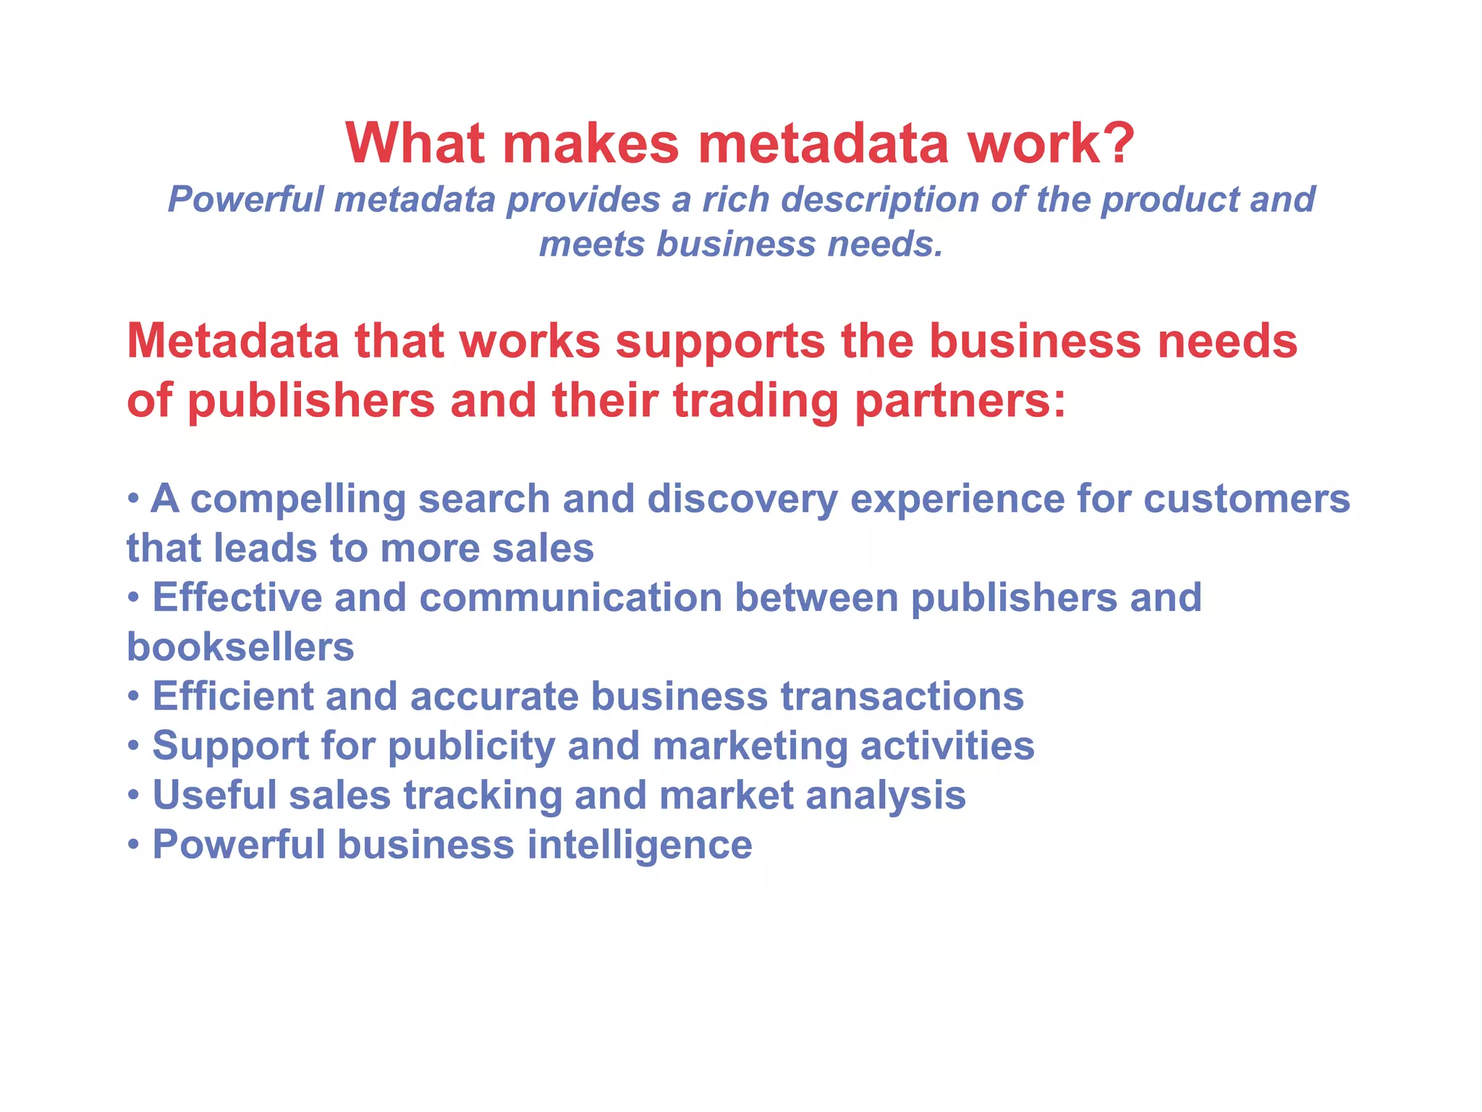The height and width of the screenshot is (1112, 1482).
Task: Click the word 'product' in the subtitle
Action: pos(1169,201)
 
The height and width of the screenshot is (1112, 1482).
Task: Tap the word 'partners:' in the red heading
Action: pos(960,402)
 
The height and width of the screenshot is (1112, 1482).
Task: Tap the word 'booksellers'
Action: pos(240,647)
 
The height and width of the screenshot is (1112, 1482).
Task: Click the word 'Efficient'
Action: pos(232,696)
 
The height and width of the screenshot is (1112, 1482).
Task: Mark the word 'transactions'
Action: pos(902,696)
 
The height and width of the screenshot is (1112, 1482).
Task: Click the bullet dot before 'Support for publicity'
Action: pos(133,746)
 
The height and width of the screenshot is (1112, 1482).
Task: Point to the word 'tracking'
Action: pos(482,796)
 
